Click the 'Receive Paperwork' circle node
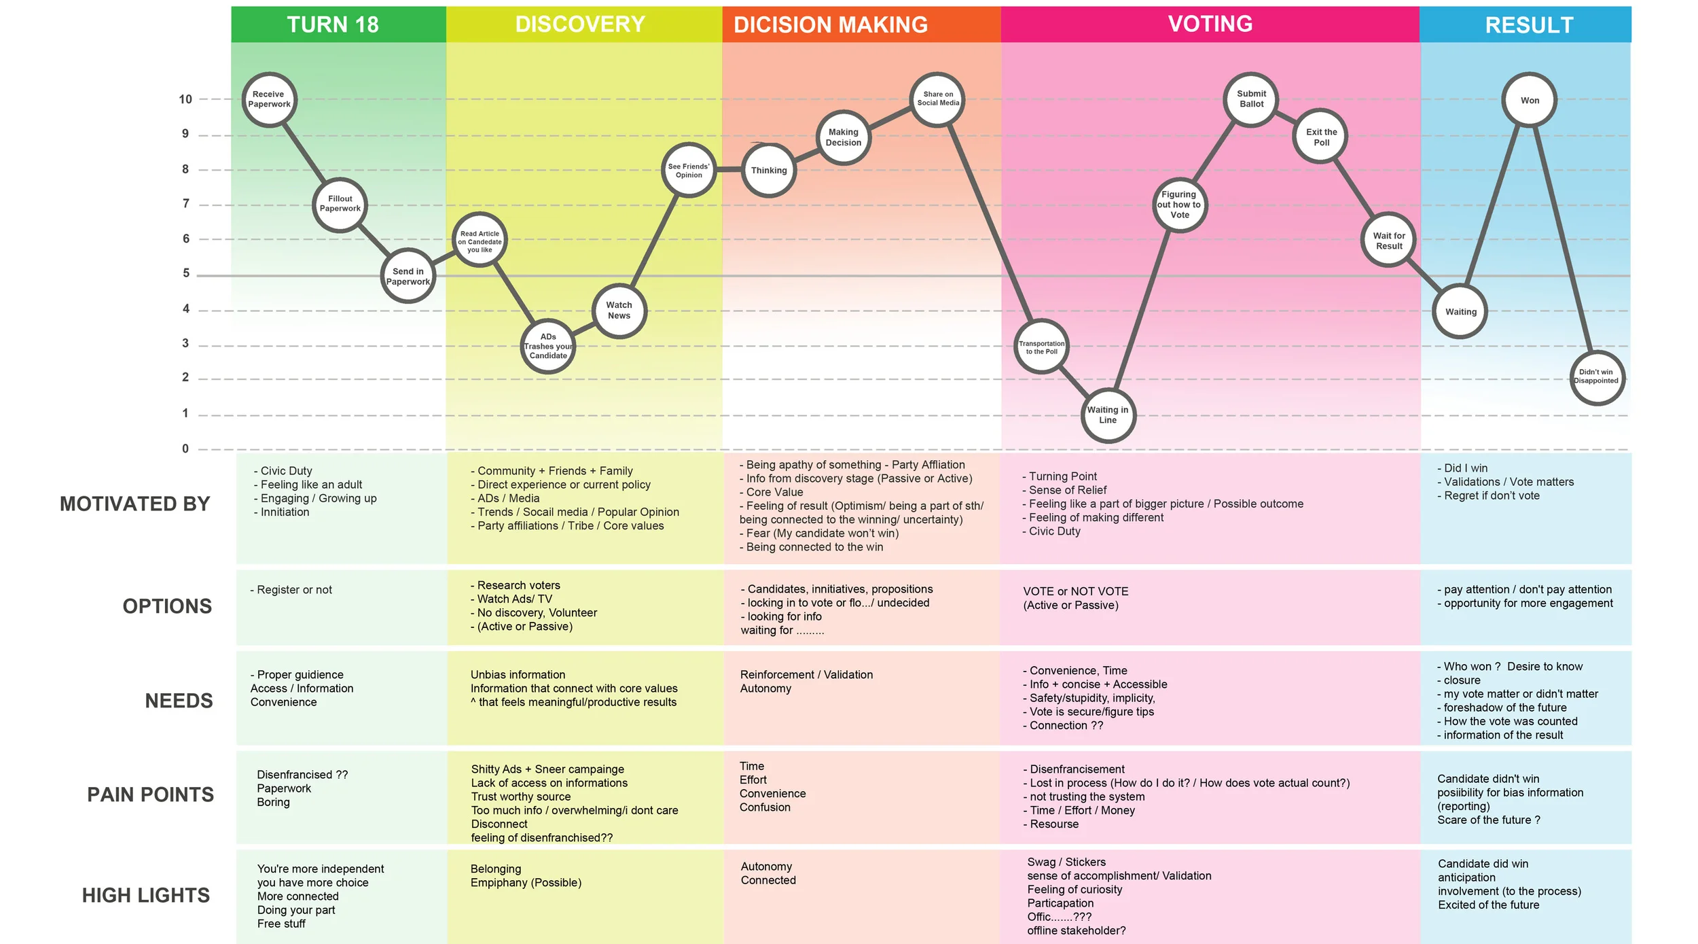270,100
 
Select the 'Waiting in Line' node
1108,415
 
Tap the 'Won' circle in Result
1529,101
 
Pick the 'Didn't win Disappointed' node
1597,377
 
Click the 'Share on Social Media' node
937,99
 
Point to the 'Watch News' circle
619,311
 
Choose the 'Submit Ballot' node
1251,99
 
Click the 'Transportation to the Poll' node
1041,347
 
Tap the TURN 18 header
333,24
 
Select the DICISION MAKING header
830,24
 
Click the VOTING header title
1210,24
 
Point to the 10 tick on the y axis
185,99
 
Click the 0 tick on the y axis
185,449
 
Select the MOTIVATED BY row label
134,504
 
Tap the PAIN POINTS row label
150,794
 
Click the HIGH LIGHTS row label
145,895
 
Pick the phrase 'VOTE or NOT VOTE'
1075,591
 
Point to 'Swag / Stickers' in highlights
1066,862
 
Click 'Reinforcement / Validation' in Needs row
806,674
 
